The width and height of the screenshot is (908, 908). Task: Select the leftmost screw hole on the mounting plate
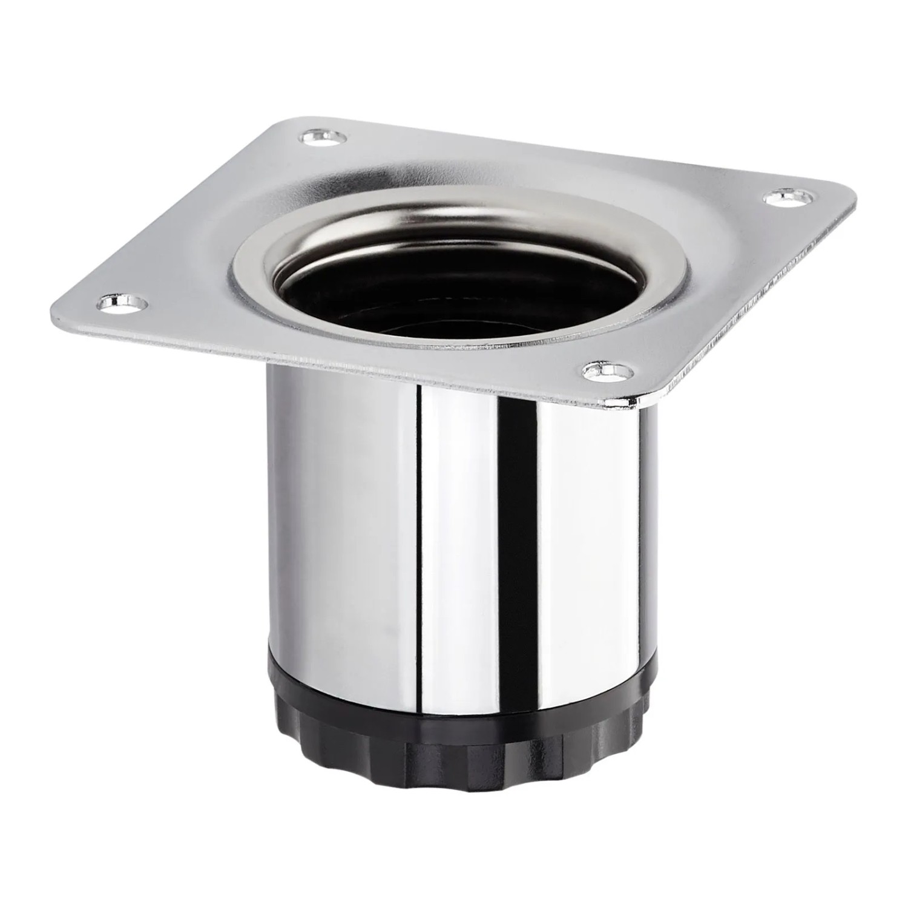[119, 301]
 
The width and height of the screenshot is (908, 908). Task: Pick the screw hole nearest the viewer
[605, 371]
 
